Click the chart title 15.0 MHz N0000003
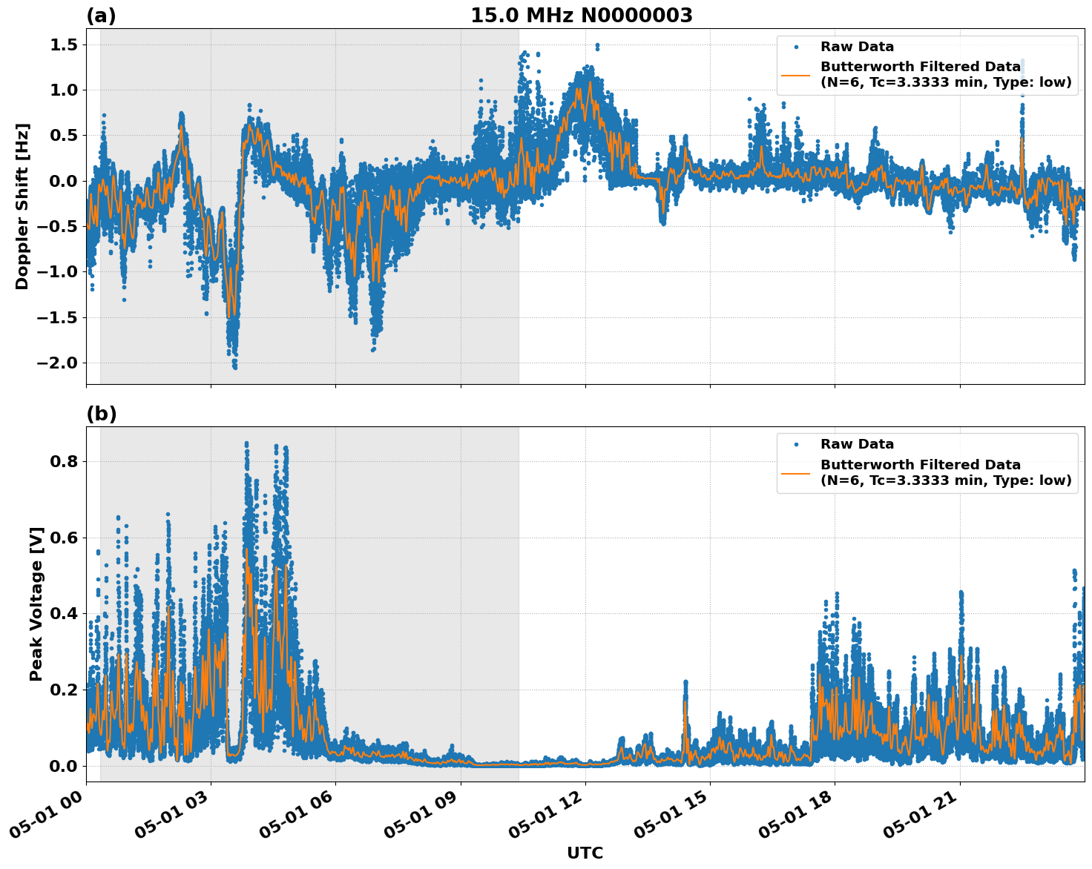[x=581, y=16]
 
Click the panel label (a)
[x=101, y=16]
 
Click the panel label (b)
[x=101, y=414]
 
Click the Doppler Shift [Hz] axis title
[x=22, y=206]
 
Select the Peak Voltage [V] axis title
[x=36, y=604]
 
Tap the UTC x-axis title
[x=585, y=853]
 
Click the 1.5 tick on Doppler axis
[x=64, y=44]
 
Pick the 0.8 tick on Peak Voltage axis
[x=64, y=461]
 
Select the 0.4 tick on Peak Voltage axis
[x=64, y=613]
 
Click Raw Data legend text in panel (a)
[x=857, y=47]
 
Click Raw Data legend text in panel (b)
[x=857, y=444]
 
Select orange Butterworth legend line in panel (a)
[x=796, y=75]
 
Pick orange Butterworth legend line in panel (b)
[x=796, y=472]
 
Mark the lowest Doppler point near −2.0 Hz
[x=234, y=367]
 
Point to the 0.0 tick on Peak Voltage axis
[x=64, y=765]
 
